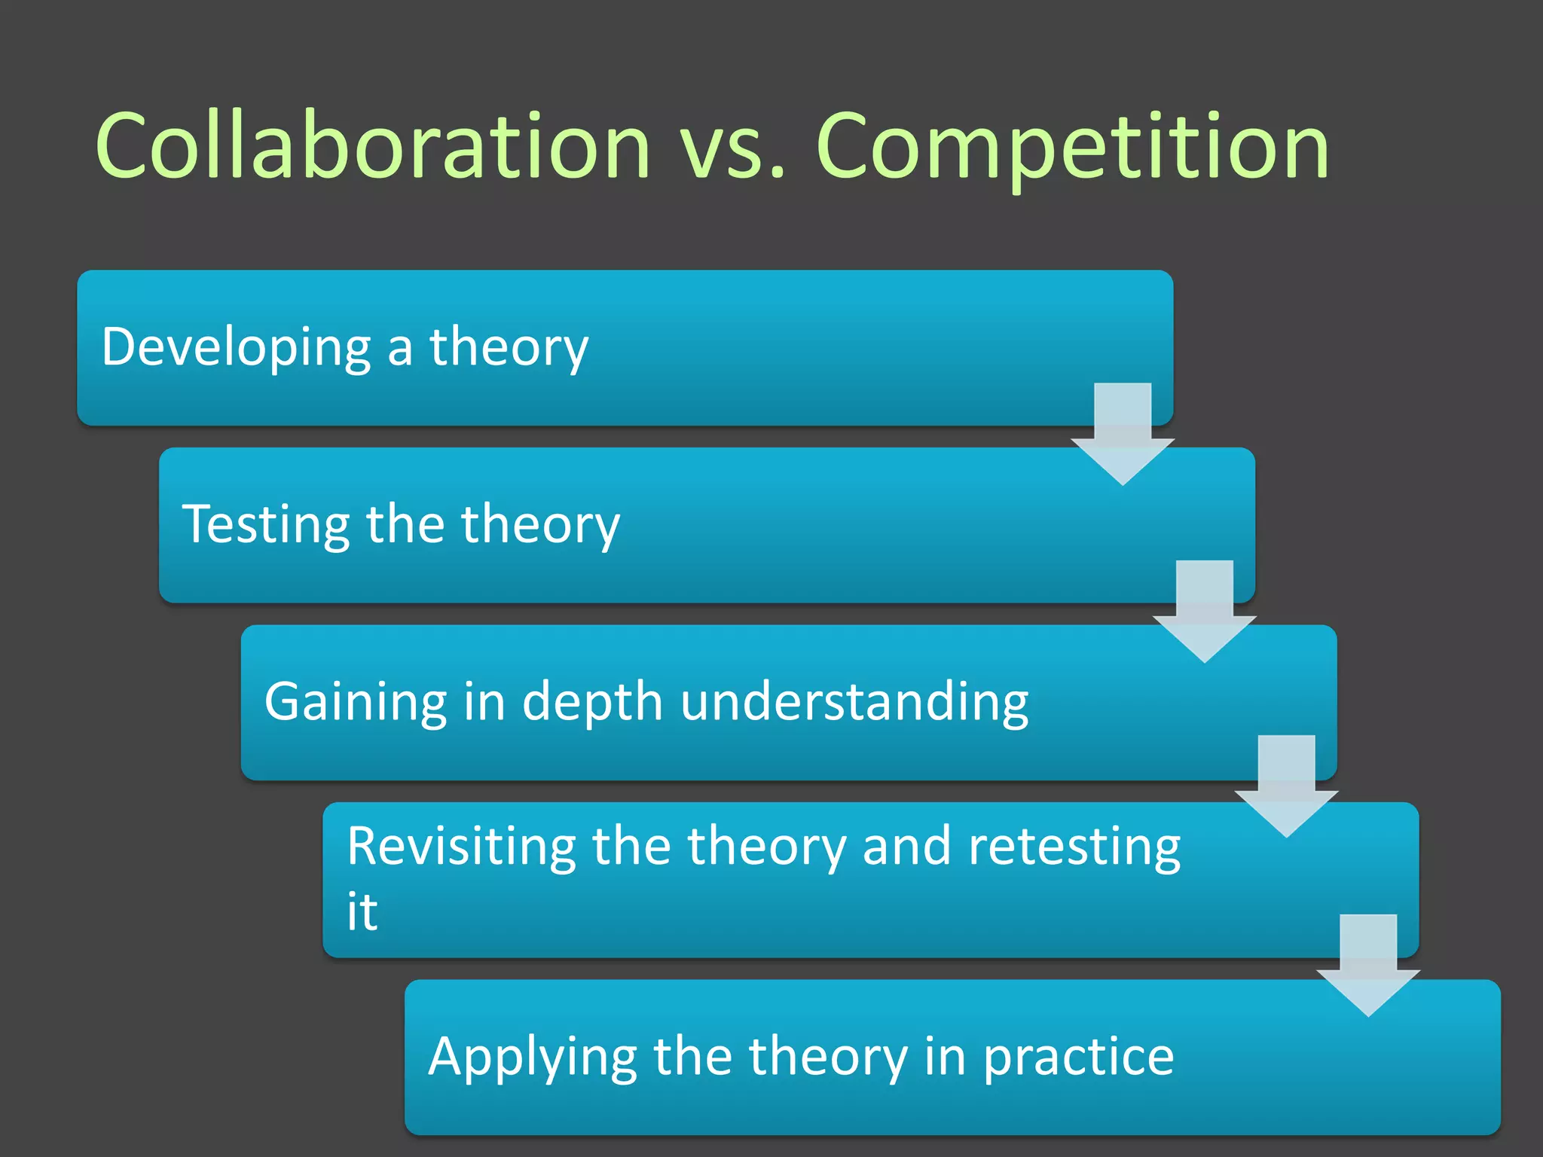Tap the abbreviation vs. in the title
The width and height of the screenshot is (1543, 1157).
[x=732, y=147]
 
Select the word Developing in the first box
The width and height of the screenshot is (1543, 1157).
[x=236, y=348]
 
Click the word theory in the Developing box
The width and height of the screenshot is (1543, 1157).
[x=509, y=348]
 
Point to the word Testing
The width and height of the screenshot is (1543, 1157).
[x=266, y=525]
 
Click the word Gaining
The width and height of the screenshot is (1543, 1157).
[x=355, y=702]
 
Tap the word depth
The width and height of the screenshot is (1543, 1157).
[x=592, y=702]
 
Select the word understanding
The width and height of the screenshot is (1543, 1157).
[x=854, y=702]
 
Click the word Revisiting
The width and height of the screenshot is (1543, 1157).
[x=460, y=847]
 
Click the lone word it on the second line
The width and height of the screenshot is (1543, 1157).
[x=362, y=911]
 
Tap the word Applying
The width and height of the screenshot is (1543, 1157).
[x=532, y=1058]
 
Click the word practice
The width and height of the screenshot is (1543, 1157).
[x=1078, y=1058]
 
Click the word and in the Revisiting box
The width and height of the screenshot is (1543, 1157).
[x=906, y=847]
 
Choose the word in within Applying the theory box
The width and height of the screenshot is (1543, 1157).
[x=945, y=1056]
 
